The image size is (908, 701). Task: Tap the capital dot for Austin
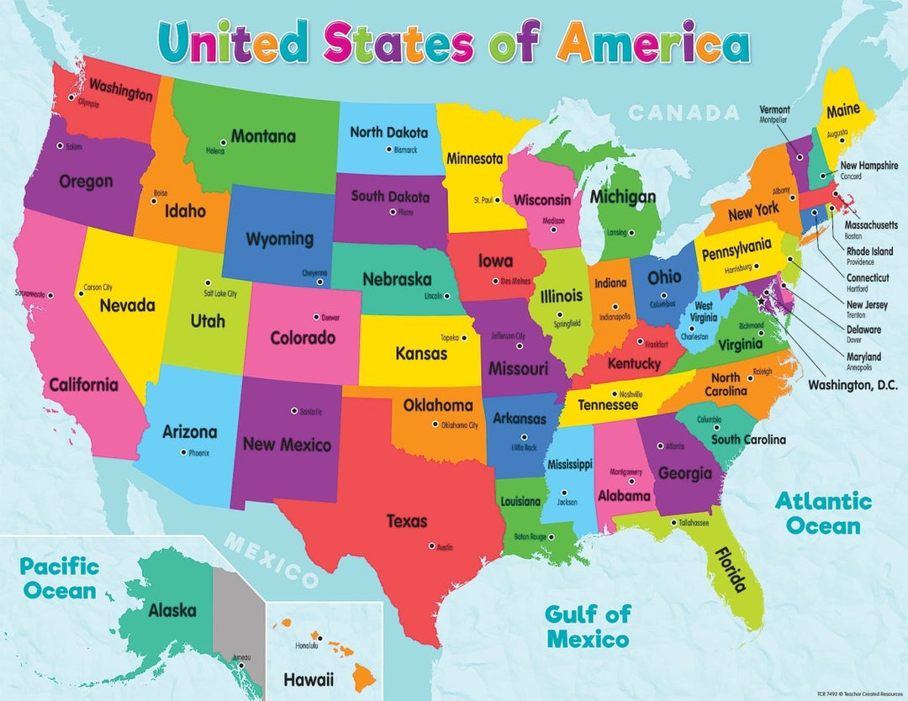[x=432, y=546]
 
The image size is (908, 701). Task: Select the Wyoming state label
[x=279, y=239]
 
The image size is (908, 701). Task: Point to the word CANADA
[x=684, y=112]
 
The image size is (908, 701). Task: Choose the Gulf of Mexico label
[x=588, y=626]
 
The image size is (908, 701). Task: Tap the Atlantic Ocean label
[x=823, y=514]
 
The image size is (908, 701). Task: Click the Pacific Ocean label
[x=60, y=578]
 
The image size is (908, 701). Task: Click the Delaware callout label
[x=863, y=330]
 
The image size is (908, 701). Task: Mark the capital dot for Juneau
[x=240, y=667]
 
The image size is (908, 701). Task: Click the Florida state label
[x=730, y=569]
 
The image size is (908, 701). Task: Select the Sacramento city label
[x=29, y=294]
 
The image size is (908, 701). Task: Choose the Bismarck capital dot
[x=389, y=150]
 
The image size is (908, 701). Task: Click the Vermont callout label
[x=774, y=109]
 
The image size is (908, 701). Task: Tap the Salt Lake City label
[x=220, y=294]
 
